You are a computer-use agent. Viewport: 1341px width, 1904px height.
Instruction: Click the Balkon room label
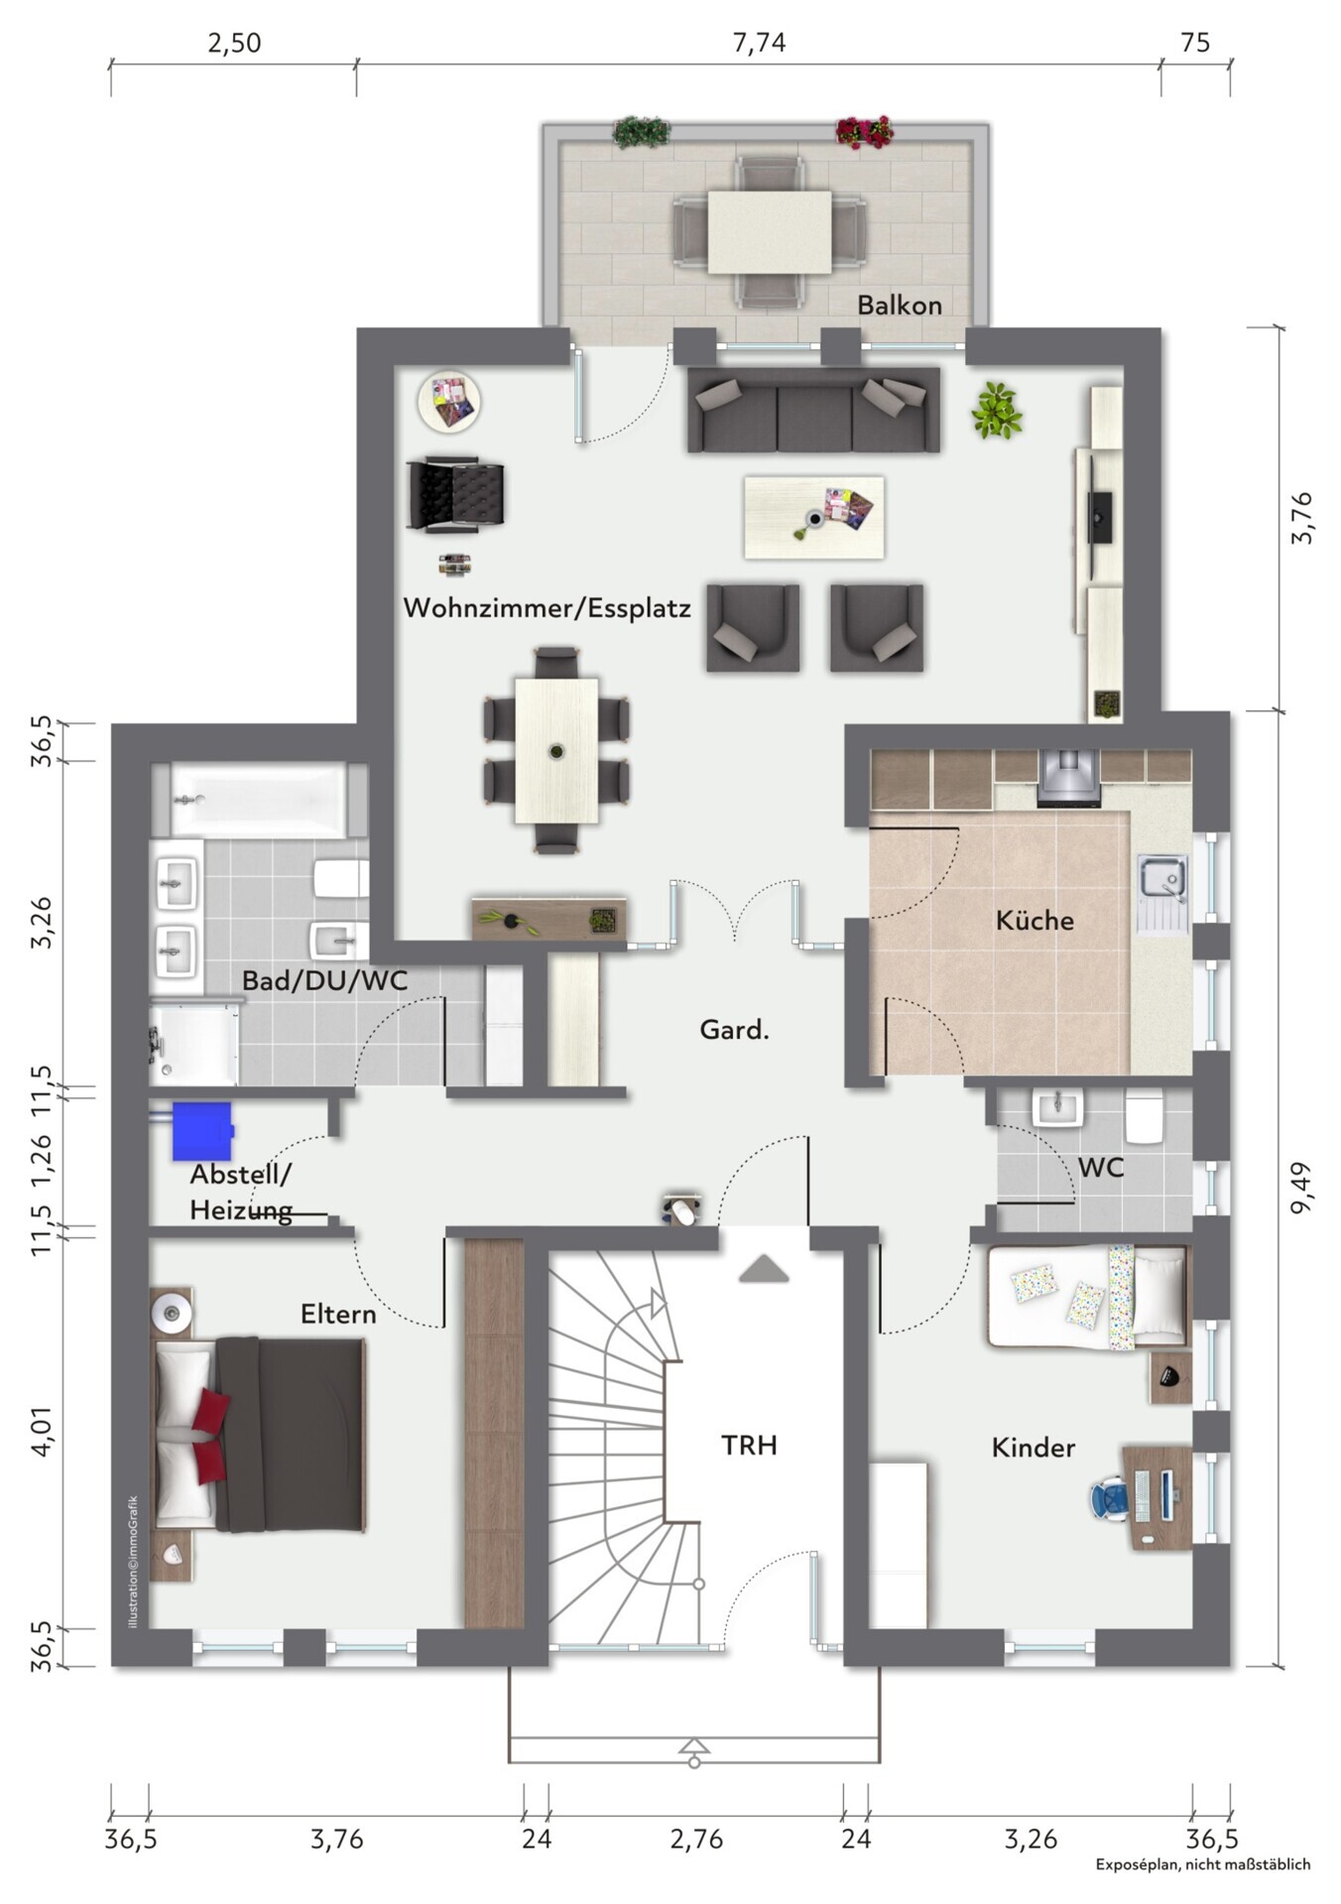point(899,305)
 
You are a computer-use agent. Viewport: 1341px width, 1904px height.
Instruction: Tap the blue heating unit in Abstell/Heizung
point(202,1131)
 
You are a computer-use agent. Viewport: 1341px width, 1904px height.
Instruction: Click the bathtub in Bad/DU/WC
point(259,800)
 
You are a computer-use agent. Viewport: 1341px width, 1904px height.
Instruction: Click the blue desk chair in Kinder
point(1111,1498)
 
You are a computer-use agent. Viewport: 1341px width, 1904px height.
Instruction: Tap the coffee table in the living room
point(814,517)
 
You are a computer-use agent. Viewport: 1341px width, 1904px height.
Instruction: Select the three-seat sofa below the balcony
point(813,410)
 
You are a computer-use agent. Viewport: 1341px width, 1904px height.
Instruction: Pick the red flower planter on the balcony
point(864,132)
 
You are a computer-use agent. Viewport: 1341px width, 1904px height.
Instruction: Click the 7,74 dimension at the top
point(759,43)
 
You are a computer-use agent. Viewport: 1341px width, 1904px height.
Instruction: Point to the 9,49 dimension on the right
point(1301,1187)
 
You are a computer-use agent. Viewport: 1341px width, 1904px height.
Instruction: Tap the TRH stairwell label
point(749,1445)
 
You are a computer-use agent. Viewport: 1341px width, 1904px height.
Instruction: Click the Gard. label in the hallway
point(734,1030)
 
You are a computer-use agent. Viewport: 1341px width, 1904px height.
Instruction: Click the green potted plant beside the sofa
point(997,411)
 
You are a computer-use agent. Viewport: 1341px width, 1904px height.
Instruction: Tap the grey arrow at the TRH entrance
point(764,1269)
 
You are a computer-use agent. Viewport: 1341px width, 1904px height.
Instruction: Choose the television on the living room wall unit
point(1102,516)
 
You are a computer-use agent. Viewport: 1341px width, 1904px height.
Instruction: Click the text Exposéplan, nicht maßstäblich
point(1203,1864)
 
